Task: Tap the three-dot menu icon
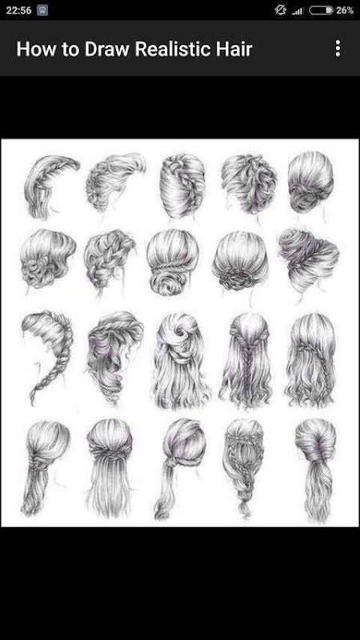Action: click(338, 48)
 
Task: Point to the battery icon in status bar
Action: click(322, 10)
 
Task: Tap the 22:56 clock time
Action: click(18, 10)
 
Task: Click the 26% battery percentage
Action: click(345, 10)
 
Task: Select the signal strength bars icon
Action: click(297, 11)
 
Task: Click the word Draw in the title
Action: click(107, 49)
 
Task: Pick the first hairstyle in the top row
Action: click(50, 186)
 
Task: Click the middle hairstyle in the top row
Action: click(182, 186)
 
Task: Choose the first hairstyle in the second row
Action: click(47, 259)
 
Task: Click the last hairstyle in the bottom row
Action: click(316, 470)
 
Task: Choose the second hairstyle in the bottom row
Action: click(110, 466)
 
